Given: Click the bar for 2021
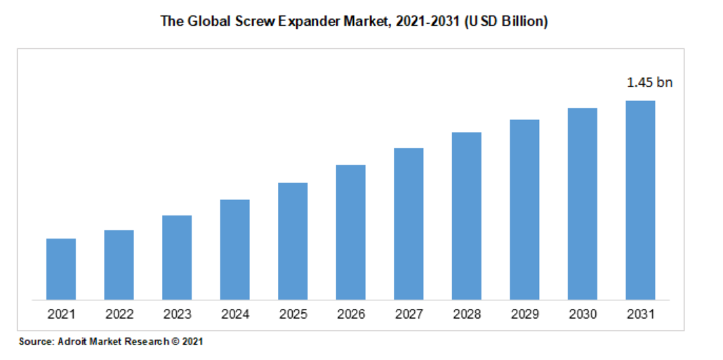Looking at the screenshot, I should [x=61, y=269].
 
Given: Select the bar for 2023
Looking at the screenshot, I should [x=177, y=257].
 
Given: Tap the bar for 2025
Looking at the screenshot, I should [x=293, y=241].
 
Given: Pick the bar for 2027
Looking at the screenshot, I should [x=409, y=223].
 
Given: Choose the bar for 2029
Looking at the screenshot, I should [x=524, y=209].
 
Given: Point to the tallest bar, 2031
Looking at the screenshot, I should [x=640, y=200].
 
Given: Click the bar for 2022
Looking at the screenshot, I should [x=119, y=265].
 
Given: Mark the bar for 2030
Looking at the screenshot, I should [x=583, y=204].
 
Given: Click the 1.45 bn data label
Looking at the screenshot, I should [x=649, y=83].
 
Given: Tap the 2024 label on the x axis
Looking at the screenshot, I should [x=234, y=314].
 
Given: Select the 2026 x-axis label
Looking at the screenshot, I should [x=350, y=314].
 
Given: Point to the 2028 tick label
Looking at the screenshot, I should [x=466, y=314].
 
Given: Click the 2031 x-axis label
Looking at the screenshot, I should [x=640, y=314].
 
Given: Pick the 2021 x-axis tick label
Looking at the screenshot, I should [x=61, y=314].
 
